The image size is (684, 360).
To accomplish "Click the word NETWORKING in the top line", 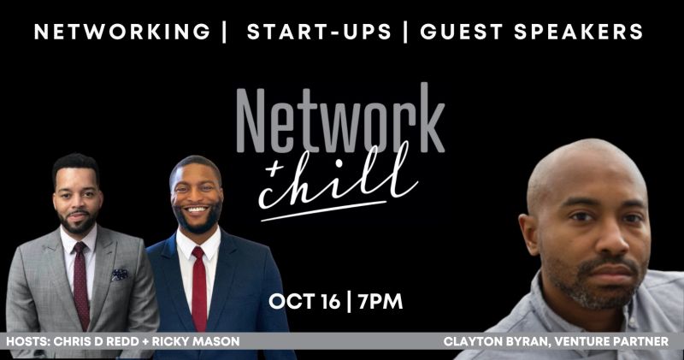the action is point(122,32).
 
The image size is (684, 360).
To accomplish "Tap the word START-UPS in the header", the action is point(319,32).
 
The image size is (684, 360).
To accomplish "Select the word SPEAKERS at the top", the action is point(579,32).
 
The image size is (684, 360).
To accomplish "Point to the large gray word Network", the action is point(340,118).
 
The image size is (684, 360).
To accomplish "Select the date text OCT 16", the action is point(304,302).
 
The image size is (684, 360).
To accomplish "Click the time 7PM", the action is point(380,302).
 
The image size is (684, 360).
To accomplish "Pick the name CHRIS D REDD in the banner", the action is point(96,341).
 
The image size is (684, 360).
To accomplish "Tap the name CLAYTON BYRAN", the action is point(496,341).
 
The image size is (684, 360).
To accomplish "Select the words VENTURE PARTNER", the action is point(611,341).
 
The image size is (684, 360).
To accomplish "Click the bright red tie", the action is point(199,289).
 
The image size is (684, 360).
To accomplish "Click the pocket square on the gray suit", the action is point(120,274).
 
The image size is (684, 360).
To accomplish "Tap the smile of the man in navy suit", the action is point(197,210).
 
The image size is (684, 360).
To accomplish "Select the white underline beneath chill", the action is point(324,211).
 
